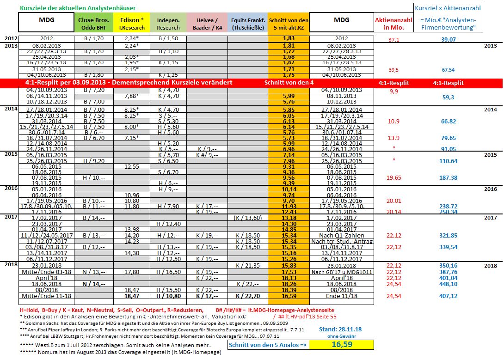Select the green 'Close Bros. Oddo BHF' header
[x=94, y=24]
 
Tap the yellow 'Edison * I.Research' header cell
[x=132, y=24]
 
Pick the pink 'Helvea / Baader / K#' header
[x=207, y=24]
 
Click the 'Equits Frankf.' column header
[x=247, y=24]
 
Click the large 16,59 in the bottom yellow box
[x=341, y=344]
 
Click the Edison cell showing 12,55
[x=132, y=166]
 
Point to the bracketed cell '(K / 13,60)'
[x=248, y=218]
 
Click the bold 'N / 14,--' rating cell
[x=94, y=284]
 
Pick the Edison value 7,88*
[x=132, y=96]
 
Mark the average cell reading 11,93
[x=289, y=206]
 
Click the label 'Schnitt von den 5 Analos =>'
[x=268, y=345]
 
